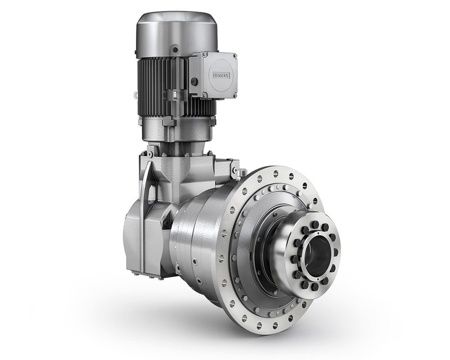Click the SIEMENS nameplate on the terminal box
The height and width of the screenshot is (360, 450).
221,75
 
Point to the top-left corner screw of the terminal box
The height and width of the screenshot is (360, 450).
205,54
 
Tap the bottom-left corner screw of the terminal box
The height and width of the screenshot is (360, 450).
205,94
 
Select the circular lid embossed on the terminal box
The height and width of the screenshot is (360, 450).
220,75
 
